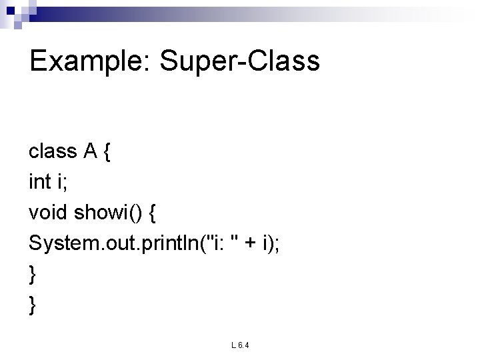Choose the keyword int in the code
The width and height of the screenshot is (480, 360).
[40, 182]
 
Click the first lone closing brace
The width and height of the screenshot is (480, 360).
[33, 273]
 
